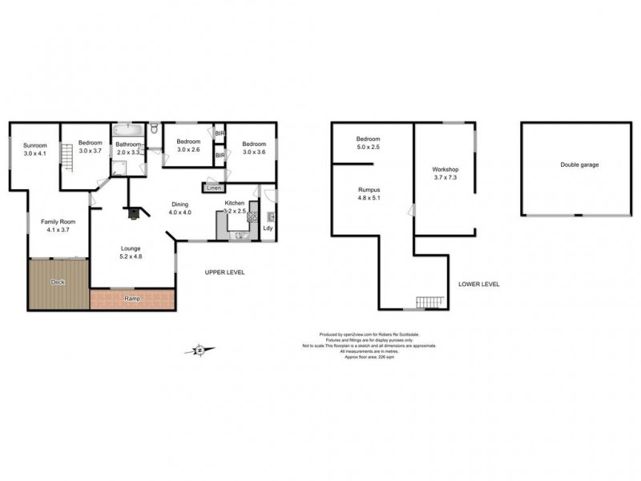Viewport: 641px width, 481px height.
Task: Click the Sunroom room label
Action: (35, 145)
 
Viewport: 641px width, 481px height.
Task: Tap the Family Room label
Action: (58, 221)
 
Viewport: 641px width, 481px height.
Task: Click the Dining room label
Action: (180, 204)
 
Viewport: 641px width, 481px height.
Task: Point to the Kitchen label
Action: (235, 204)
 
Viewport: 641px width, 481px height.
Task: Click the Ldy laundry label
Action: (268, 227)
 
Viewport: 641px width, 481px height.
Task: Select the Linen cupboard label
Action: (213, 188)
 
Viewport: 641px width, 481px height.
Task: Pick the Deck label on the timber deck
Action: (57, 282)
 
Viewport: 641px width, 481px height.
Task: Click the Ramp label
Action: (133, 299)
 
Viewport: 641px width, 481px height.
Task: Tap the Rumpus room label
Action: (370, 190)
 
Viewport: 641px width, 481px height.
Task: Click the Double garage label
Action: (579, 165)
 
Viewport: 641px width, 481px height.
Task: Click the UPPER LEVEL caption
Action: (225, 273)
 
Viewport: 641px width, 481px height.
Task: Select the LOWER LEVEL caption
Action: (479, 285)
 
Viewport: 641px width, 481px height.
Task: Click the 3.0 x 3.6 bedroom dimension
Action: (253, 152)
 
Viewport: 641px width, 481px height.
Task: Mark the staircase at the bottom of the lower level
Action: (429, 302)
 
